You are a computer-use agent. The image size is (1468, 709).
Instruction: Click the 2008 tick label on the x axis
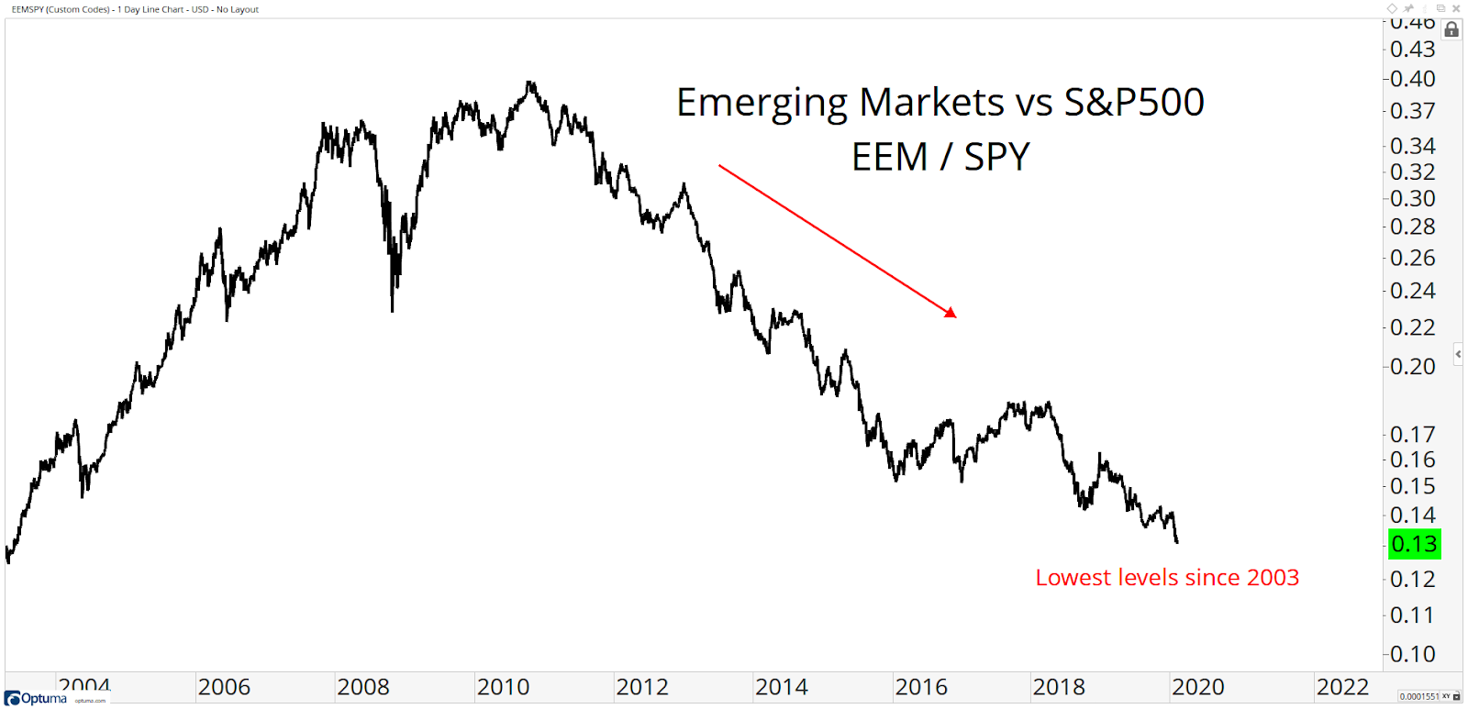coord(363,687)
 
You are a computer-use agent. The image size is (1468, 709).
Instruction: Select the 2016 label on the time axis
coord(921,687)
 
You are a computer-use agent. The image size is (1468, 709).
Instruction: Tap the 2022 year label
coord(1342,687)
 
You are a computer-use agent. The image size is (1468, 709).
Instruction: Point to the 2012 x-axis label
coord(642,687)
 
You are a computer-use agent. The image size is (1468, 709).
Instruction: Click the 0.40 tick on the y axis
coord(1412,80)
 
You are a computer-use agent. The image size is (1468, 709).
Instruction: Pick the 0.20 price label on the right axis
coord(1412,367)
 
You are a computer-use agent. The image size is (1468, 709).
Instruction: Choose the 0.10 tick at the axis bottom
coord(1412,655)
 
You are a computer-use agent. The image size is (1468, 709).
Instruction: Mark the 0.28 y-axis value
coord(1412,227)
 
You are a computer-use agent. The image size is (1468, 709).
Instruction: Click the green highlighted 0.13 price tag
coord(1414,544)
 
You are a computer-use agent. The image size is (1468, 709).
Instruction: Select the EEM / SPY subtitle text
coord(940,158)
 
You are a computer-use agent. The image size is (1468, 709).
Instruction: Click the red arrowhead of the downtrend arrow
coord(951,314)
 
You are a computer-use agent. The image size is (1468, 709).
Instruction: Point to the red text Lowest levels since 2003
coord(1167,578)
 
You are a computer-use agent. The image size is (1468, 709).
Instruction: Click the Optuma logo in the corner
coord(37,699)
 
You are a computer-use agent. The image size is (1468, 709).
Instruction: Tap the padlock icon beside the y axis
coord(1451,29)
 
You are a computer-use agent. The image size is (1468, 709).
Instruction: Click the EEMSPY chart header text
coord(135,9)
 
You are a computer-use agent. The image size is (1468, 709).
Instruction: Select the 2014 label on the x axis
coord(782,687)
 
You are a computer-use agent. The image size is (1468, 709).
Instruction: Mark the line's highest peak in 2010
coord(529,83)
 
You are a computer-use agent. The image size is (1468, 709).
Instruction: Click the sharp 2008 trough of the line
coord(393,310)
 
